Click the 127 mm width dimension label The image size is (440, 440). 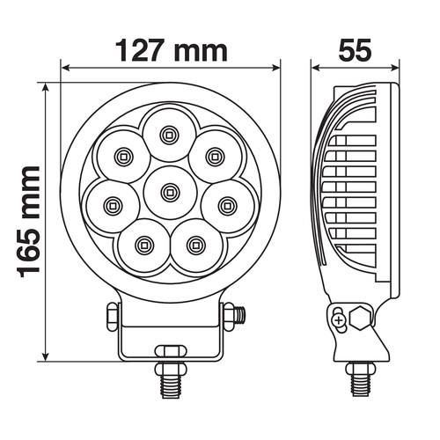172,51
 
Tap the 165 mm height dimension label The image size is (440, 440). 29,222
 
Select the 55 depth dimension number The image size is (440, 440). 355,50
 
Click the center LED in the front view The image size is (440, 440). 169,192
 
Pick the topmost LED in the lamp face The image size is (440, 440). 169,135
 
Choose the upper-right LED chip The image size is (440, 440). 215,157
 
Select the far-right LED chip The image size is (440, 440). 226,204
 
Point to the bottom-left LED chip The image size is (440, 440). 143,245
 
